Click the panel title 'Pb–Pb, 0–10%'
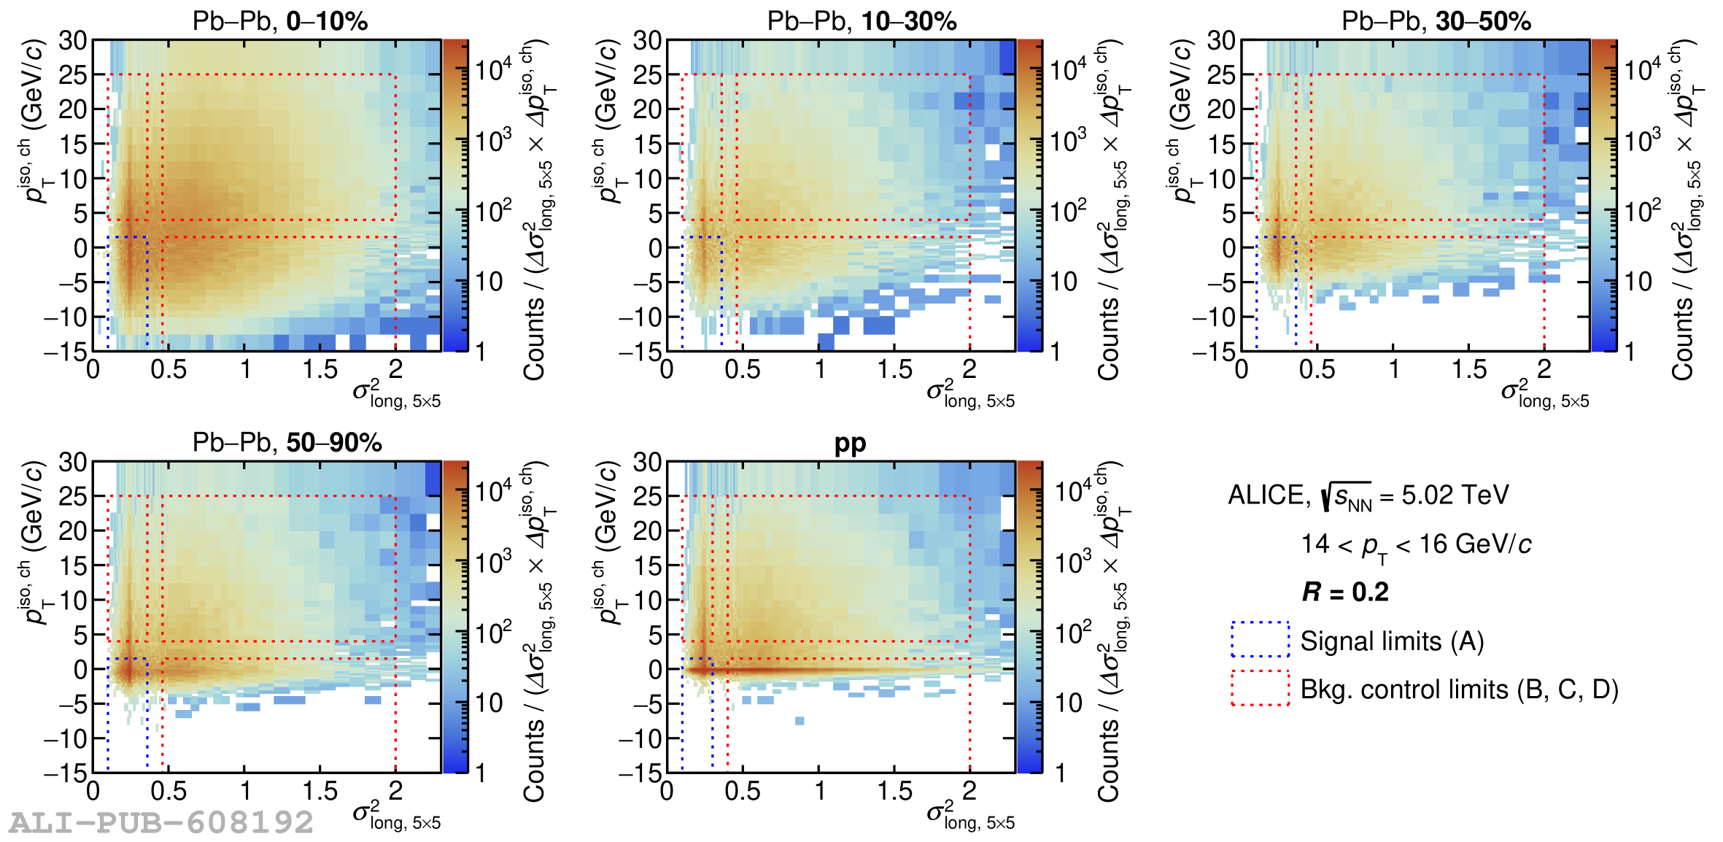tap(279, 21)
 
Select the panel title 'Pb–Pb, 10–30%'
tap(861, 21)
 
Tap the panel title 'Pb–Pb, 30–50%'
tap(1436, 21)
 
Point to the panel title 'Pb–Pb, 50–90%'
tap(287, 442)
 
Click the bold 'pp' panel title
tap(850, 443)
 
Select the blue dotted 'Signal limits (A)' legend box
tap(1260, 640)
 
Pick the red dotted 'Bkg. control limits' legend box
tap(1260, 688)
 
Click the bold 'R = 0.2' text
tap(1344, 592)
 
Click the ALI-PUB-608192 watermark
tap(161, 822)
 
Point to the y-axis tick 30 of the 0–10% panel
tap(73, 41)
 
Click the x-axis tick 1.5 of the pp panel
tap(894, 791)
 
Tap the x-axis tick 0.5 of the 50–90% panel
tap(168, 791)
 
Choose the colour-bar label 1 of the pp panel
tap(1061, 773)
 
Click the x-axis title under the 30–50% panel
tap(1544, 394)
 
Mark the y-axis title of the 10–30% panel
tap(607, 120)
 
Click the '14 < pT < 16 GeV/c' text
tap(1415, 545)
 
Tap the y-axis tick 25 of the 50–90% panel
tap(73, 497)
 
